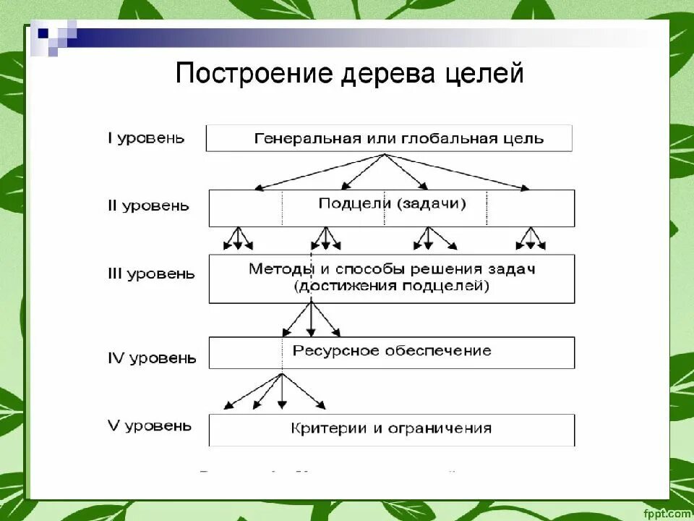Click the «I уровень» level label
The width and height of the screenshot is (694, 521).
pyautogui.click(x=146, y=137)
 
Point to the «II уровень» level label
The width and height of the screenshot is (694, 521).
pyautogui.click(x=148, y=206)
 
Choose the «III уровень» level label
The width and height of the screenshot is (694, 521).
pyautogui.click(x=151, y=274)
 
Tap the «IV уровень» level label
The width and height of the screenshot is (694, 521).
pyautogui.click(x=152, y=357)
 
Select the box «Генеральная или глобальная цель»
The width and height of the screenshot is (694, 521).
pyautogui.click(x=389, y=138)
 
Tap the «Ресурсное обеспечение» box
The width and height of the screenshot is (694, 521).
pyautogui.click(x=392, y=352)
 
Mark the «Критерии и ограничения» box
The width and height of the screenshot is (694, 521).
pyautogui.click(x=392, y=429)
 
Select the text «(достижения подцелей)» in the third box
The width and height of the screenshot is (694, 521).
pyautogui.click(x=392, y=287)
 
